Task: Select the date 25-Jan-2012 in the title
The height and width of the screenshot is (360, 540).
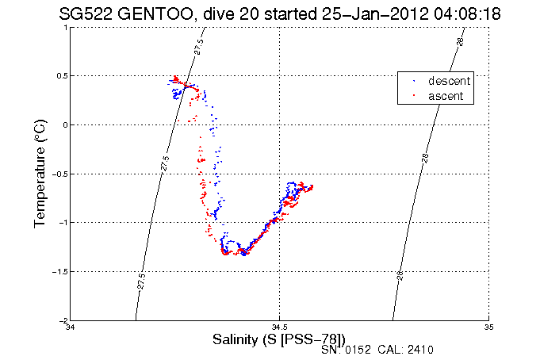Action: point(360,13)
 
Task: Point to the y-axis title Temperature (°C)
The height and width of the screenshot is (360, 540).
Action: point(40,174)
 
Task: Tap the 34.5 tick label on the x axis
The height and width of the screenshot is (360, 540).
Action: point(279,326)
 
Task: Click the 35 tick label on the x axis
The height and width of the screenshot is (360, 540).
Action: point(488,326)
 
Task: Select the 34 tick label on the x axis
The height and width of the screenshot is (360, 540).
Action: point(71,326)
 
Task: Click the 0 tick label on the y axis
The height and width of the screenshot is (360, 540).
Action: point(64,124)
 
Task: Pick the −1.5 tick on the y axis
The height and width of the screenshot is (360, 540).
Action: point(59,271)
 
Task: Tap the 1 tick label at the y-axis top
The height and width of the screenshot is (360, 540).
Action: point(64,27)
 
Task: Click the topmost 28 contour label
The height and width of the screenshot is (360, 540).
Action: point(460,40)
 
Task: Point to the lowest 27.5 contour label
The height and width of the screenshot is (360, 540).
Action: point(140,281)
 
